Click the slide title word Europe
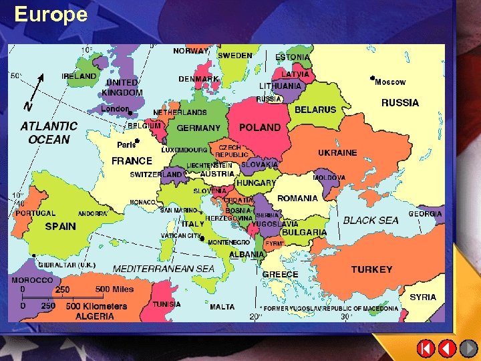click(x=51, y=14)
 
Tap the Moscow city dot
click(x=372, y=78)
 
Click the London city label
click(x=114, y=108)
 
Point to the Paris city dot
click(x=136, y=140)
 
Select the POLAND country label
click(x=260, y=127)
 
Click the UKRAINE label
click(x=337, y=152)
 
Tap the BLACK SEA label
click(x=371, y=220)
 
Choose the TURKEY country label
click(x=371, y=269)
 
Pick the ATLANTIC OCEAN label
click(x=49, y=132)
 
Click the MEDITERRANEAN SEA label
click(x=164, y=269)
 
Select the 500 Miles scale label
click(x=114, y=289)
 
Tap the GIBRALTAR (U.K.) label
click(x=67, y=265)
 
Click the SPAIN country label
click(x=61, y=227)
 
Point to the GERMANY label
click(x=198, y=128)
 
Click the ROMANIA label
click(x=297, y=198)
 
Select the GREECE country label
click(x=280, y=275)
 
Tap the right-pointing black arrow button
click(x=468, y=348)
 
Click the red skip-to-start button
click(x=426, y=348)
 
